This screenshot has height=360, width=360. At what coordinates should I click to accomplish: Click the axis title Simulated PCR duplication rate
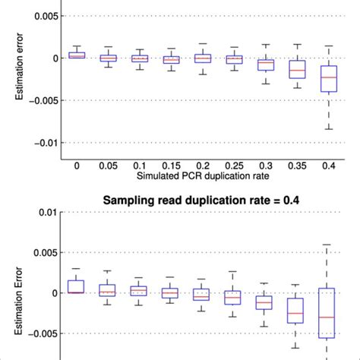click(x=203, y=175)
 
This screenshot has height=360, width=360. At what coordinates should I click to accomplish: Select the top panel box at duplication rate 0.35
click(x=297, y=69)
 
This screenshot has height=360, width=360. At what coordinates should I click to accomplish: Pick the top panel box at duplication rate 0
click(x=77, y=55)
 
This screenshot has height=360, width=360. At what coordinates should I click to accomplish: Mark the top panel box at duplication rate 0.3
click(x=265, y=65)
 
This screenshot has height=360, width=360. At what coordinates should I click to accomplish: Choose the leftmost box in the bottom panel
click(x=77, y=286)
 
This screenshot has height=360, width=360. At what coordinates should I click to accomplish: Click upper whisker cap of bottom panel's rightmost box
click(x=327, y=245)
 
